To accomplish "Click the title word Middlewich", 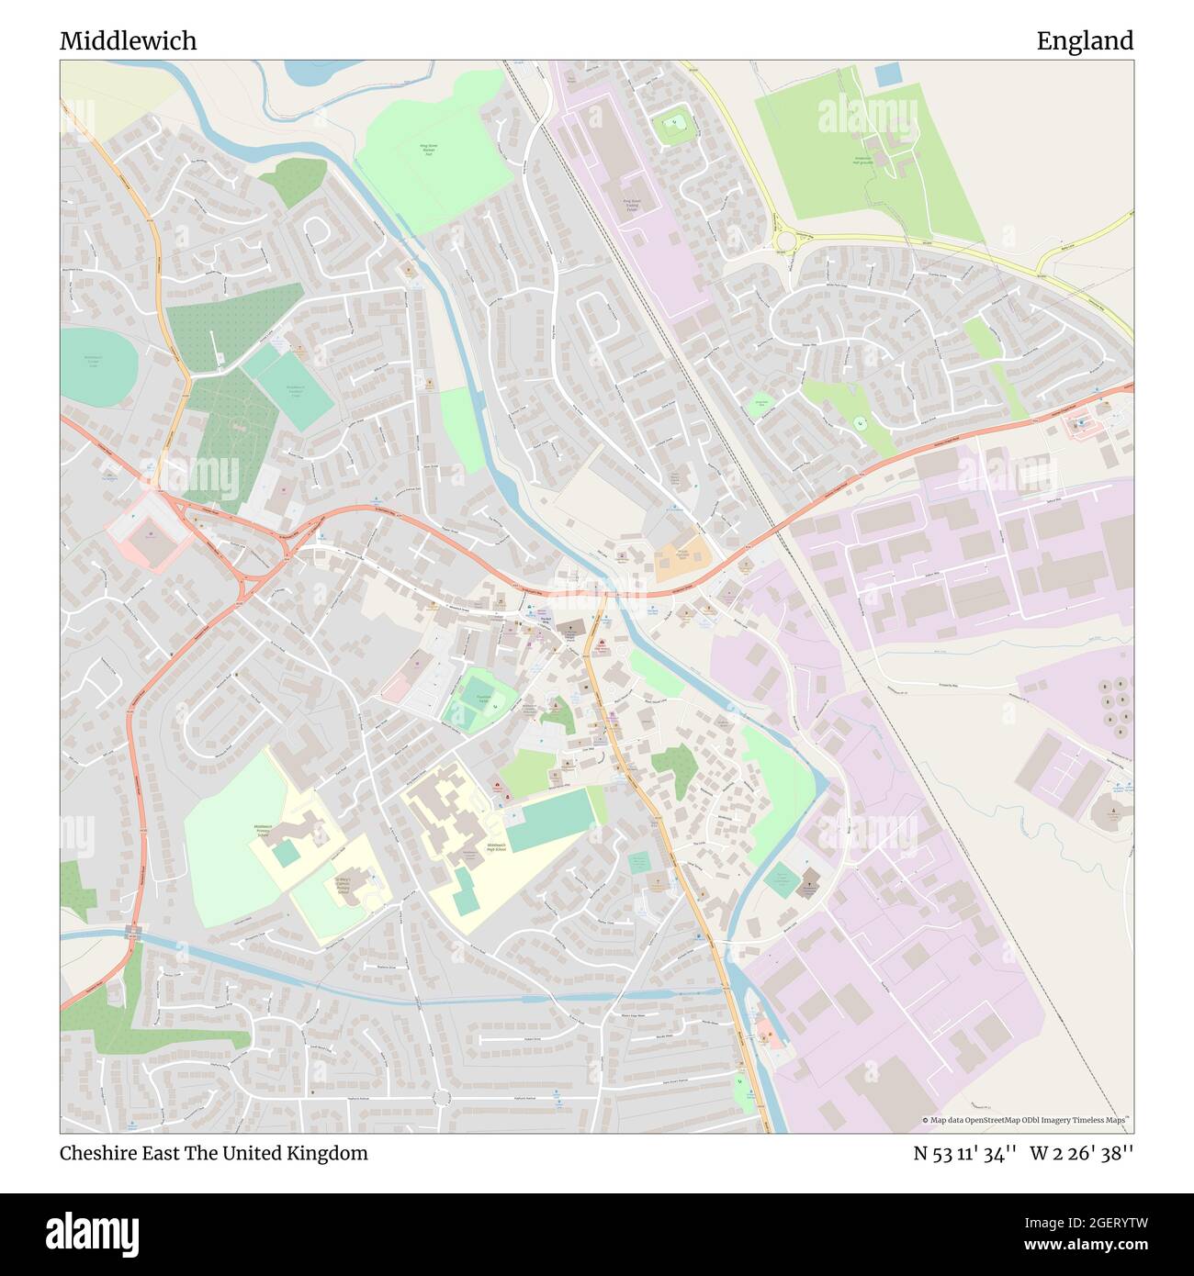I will (x=128, y=41).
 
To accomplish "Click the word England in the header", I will (x=1085, y=41).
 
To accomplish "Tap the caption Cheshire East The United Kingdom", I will (x=213, y=1153).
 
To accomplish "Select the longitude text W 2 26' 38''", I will (x=1081, y=1153).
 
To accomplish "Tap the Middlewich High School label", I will (x=496, y=845).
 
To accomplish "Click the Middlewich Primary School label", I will (x=263, y=831).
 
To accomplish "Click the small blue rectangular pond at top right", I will (x=888, y=74).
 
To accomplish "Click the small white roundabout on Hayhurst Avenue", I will (x=442, y=1097).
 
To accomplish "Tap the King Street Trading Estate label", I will (x=630, y=204).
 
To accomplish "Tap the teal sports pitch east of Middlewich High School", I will (x=550, y=819).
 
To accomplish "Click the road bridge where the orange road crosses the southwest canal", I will (x=134, y=933).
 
